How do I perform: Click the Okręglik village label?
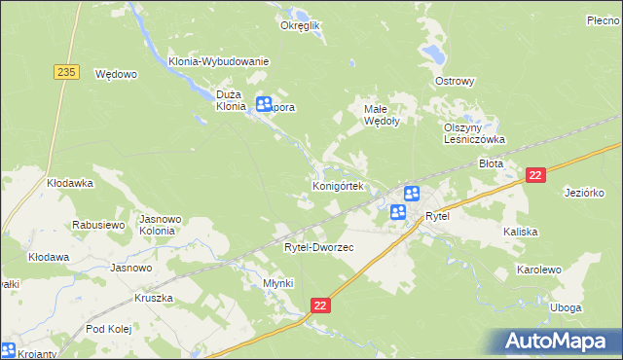pos(301,26)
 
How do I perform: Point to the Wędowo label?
pos(116,73)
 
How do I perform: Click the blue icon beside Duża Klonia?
pos(264,104)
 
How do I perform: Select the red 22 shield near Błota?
pos(534,174)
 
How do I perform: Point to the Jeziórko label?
pos(585,193)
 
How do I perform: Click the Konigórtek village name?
pos(338,185)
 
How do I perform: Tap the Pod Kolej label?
pos(109,331)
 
